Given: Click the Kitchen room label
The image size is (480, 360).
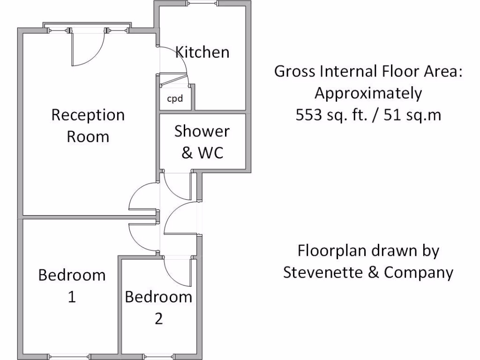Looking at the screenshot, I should (202, 52).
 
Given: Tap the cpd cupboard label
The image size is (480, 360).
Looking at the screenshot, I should (174, 99).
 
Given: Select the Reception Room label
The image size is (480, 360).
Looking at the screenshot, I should (88, 126).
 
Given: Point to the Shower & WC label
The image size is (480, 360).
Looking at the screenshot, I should (202, 142).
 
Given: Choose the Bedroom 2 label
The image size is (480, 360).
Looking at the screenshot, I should (158, 307).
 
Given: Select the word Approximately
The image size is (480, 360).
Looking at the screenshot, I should (368, 93).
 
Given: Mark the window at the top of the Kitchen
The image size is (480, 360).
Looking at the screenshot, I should (203, 4).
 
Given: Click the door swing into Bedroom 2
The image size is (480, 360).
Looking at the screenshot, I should (177, 271).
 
